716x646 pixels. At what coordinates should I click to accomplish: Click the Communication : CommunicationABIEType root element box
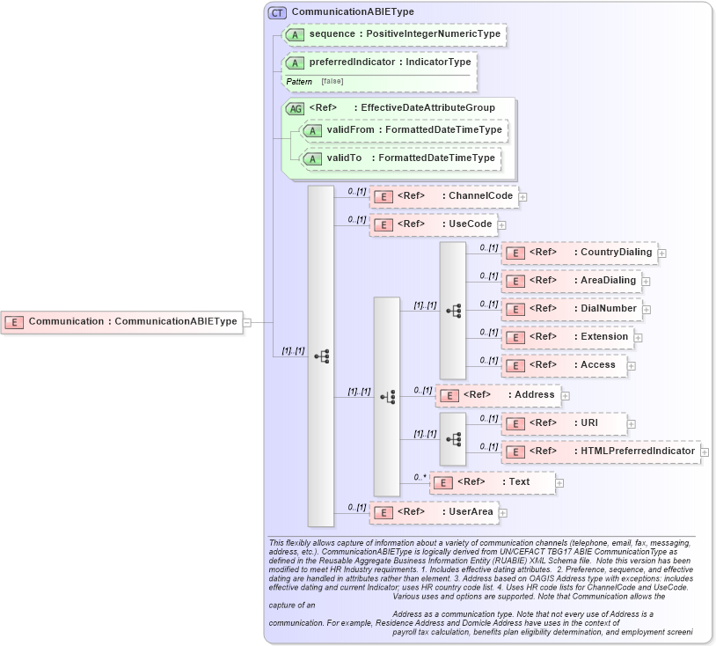(x=122, y=321)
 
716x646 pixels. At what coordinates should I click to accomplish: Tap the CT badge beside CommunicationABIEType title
(x=278, y=12)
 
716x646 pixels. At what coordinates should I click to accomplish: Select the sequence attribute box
(x=394, y=34)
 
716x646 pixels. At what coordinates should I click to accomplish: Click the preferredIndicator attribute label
(x=390, y=62)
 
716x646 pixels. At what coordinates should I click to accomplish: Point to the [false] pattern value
(x=332, y=81)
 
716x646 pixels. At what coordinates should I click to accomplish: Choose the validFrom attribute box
(x=404, y=130)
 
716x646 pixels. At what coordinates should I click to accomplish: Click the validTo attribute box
(x=400, y=158)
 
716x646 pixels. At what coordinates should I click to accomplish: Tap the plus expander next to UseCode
(x=502, y=224)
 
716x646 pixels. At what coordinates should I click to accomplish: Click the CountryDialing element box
(x=579, y=253)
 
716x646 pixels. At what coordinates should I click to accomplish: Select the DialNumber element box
(x=572, y=309)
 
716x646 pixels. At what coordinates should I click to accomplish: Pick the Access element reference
(x=564, y=365)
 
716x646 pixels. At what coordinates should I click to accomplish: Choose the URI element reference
(x=564, y=423)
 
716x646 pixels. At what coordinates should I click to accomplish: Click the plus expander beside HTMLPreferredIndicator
(x=705, y=451)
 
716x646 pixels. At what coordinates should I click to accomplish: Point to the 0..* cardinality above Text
(x=420, y=476)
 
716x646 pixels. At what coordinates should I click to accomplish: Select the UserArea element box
(x=433, y=511)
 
